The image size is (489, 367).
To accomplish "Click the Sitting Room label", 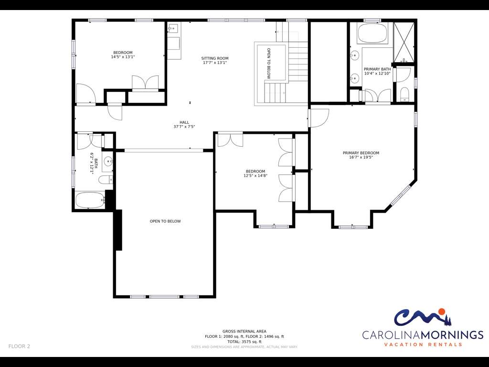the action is (x=214, y=58).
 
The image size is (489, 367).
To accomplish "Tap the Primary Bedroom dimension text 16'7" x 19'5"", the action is (x=361, y=157).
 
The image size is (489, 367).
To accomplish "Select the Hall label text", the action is (x=184, y=122).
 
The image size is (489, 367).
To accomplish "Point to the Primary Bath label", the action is (x=377, y=69).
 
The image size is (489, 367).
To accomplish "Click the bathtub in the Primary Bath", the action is (x=372, y=33).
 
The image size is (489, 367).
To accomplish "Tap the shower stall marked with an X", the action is (x=404, y=42).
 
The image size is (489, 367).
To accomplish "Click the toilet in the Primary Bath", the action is (x=404, y=95).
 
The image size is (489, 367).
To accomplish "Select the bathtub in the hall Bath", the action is (x=90, y=200).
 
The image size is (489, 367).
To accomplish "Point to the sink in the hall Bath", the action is (x=108, y=162).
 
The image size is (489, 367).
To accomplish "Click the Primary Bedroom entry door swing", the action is (x=319, y=118).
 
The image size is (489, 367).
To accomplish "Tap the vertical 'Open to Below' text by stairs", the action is (x=269, y=63).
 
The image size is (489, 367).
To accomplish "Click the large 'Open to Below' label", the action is (x=165, y=221).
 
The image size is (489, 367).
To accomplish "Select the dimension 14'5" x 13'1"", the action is (x=123, y=57).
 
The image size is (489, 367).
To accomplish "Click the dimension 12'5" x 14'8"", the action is (x=255, y=176).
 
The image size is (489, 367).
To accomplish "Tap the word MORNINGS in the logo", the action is (x=452, y=335).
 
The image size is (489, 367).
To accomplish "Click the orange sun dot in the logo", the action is (x=441, y=312).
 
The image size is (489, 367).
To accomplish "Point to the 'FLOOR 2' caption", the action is (x=19, y=346).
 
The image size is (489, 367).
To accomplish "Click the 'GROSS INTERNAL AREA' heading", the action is (x=244, y=332).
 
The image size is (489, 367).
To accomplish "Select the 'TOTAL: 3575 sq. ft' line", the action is (x=244, y=342).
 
